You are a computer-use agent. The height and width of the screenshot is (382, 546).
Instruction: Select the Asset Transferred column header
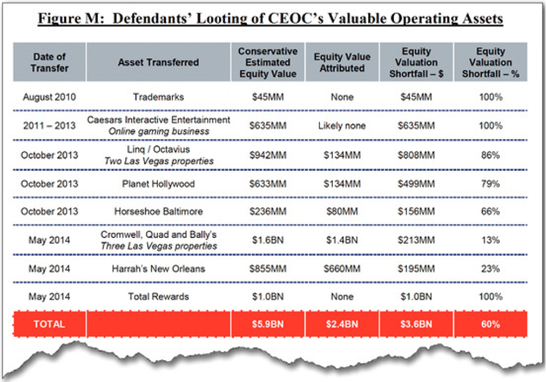(x=158, y=63)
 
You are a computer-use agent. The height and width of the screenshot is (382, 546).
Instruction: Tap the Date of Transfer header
(x=50, y=63)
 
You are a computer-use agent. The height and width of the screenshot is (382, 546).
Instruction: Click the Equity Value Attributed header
(x=342, y=63)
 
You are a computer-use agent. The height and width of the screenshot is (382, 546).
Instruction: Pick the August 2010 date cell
(x=49, y=97)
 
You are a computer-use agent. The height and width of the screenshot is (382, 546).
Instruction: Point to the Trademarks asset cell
(x=158, y=97)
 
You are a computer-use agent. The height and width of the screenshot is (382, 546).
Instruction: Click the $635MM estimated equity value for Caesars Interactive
(x=267, y=126)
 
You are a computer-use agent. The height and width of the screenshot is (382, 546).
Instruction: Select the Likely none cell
(x=342, y=126)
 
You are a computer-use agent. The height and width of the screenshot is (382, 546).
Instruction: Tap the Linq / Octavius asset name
(x=158, y=149)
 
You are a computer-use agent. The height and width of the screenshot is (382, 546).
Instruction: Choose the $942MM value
(x=267, y=155)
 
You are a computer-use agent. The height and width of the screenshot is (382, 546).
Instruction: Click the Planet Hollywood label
(x=158, y=184)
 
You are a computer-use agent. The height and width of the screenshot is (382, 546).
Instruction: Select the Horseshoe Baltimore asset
(x=158, y=212)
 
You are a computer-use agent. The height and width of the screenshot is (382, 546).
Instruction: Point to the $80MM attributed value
(x=342, y=212)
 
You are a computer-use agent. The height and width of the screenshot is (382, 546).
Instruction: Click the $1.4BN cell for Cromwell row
(x=342, y=240)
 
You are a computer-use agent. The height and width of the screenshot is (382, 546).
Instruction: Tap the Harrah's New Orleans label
(x=158, y=269)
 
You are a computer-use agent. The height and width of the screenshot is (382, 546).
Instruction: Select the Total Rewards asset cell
(x=158, y=297)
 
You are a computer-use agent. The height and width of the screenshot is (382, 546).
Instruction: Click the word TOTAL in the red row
(x=49, y=324)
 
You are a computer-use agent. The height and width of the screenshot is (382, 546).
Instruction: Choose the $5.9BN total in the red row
(x=267, y=325)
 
